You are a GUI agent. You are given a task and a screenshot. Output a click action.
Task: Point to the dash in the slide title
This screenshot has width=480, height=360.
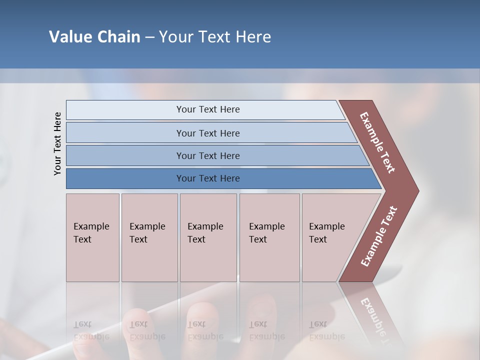(x=149, y=37)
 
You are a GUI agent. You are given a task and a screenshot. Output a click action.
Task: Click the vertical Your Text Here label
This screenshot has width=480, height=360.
(x=57, y=143)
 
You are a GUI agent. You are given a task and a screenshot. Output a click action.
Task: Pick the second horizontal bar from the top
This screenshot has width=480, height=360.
(x=207, y=133)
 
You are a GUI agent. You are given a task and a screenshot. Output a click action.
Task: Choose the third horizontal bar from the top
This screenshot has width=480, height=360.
(x=207, y=155)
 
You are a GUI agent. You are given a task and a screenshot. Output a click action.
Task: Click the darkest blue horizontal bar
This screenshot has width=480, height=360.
(x=207, y=178)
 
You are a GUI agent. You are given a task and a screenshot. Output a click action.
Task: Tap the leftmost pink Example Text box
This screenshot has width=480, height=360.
(x=92, y=237)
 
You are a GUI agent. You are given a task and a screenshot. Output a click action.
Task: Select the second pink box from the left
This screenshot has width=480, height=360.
(x=149, y=237)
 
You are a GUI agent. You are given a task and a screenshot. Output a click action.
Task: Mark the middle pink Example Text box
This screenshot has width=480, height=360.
(x=208, y=237)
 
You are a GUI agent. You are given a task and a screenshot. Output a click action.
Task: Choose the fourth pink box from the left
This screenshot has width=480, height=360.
(x=269, y=237)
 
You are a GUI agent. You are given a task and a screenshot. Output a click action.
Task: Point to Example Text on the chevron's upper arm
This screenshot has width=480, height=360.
(x=378, y=142)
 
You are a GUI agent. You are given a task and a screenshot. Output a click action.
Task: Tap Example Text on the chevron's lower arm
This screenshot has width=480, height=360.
(x=379, y=236)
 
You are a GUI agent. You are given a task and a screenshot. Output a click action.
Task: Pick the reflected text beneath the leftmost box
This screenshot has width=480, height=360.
(x=91, y=330)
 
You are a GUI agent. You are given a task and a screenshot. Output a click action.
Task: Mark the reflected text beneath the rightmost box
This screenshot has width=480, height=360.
(x=326, y=330)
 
